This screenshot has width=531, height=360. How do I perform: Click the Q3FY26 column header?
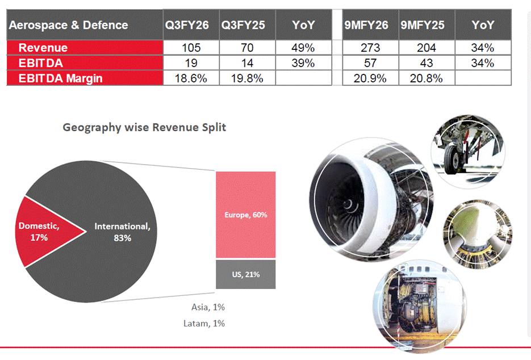click(x=187, y=25)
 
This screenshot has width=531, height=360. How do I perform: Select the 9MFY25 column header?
click(x=423, y=25)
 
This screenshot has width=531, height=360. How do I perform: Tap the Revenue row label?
click(x=43, y=48)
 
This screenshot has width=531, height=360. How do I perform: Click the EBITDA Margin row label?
click(x=60, y=78)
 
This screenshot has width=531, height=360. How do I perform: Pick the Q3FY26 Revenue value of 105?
click(x=191, y=48)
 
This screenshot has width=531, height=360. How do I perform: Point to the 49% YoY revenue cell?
click(x=303, y=48)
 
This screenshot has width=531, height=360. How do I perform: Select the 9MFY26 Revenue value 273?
click(x=370, y=48)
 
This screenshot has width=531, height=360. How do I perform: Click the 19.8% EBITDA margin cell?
click(x=247, y=78)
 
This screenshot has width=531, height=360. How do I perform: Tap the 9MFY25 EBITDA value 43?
click(x=427, y=63)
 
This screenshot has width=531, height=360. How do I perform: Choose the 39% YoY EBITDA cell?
click(x=303, y=63)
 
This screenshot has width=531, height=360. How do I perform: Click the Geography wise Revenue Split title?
click(x=144, y=127)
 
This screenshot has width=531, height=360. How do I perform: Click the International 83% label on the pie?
click(x=122, y=232)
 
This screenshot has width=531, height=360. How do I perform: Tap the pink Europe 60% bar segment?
click(x=246, y=215)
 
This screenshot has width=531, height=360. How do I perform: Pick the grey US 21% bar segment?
click(x=246, y=274)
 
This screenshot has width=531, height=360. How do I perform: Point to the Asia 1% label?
click(x=208, y=307)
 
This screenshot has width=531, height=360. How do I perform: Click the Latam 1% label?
click(x=204, y=324)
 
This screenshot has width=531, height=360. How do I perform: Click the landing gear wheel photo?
click(x=468, y=152)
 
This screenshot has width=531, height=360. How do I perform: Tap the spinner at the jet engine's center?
click(x=348, y=204)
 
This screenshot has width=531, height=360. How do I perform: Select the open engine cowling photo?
click(x=420, y=307)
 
